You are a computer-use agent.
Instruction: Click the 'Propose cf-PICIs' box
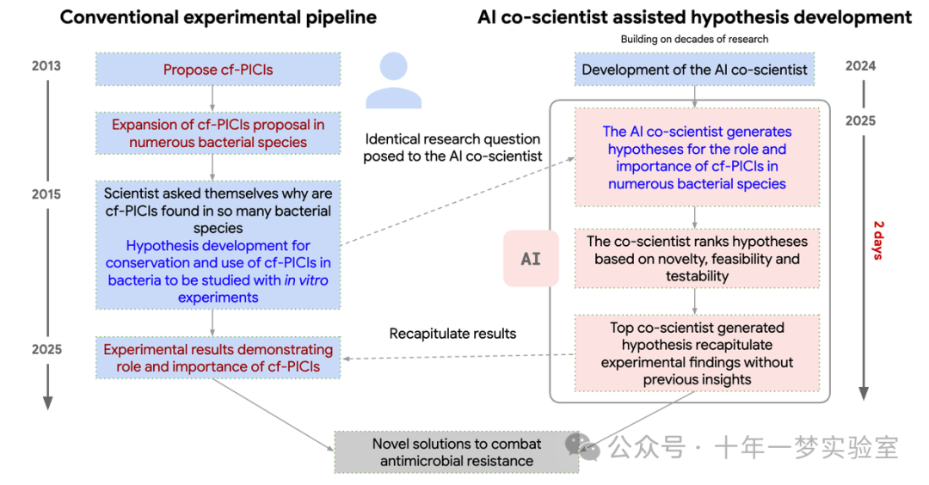click(218, 70)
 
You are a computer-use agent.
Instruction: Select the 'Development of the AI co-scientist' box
click(695, 70)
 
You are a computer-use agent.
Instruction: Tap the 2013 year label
click(46, 66)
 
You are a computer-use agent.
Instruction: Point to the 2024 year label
click(860, 66)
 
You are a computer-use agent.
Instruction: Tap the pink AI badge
click(531, 258)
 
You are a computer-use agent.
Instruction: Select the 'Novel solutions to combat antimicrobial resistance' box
click(457, 452)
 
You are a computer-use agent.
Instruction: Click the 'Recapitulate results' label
click(452, 334)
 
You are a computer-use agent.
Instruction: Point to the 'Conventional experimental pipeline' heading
click(218, 17)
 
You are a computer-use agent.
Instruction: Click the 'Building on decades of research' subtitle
click(694, 40)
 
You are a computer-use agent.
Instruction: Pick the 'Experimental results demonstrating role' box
click(218, 359)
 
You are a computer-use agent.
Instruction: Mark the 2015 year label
click(46, 194)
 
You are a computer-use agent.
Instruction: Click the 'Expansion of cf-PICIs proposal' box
click(218, 133)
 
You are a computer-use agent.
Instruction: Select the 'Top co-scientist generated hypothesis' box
click(697, 353)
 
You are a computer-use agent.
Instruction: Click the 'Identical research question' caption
click(452, 147)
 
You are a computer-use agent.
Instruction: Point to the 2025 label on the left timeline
click(46, 350)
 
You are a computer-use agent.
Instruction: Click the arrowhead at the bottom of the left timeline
click(47, 402)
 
